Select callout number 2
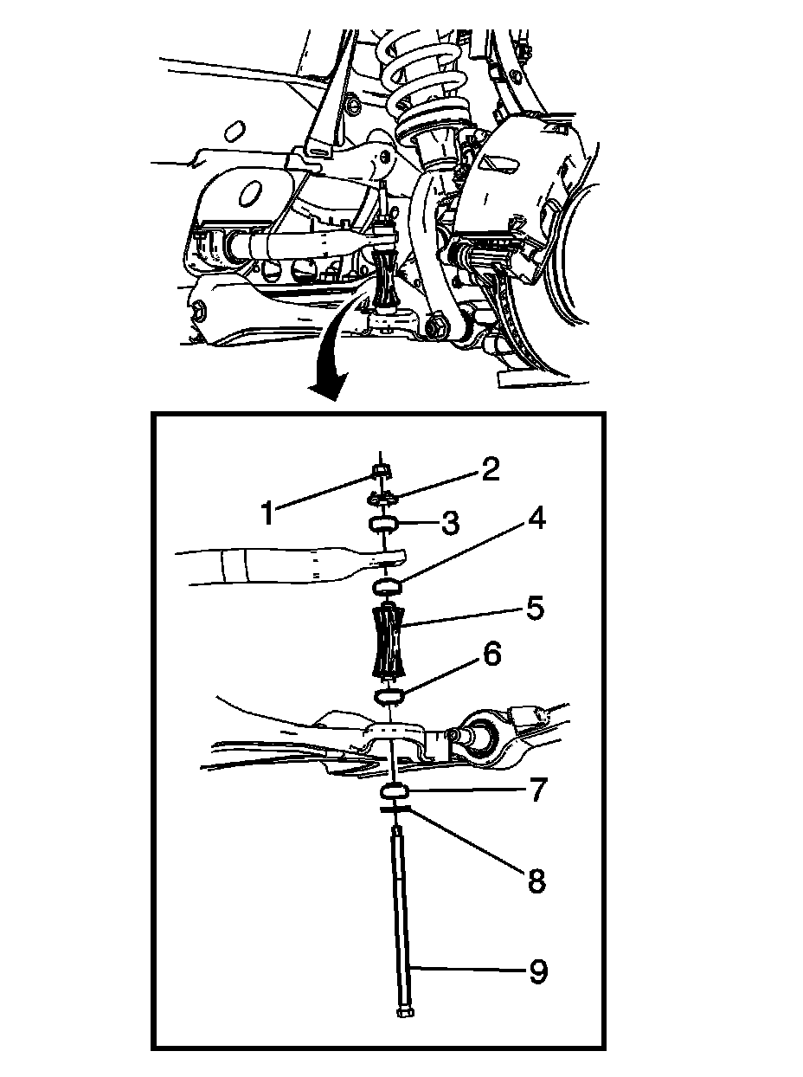pos(490,470)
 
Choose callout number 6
pos(491,655)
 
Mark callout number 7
pos(536,790)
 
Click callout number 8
pos(536,881)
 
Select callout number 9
pos(537,972)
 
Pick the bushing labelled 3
pos(382,524)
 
